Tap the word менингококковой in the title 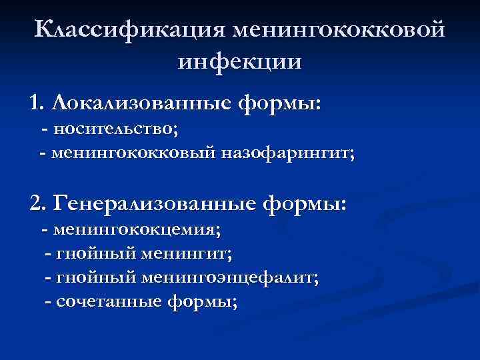337,30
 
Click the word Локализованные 141,103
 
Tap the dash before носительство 45,129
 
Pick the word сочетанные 109,301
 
